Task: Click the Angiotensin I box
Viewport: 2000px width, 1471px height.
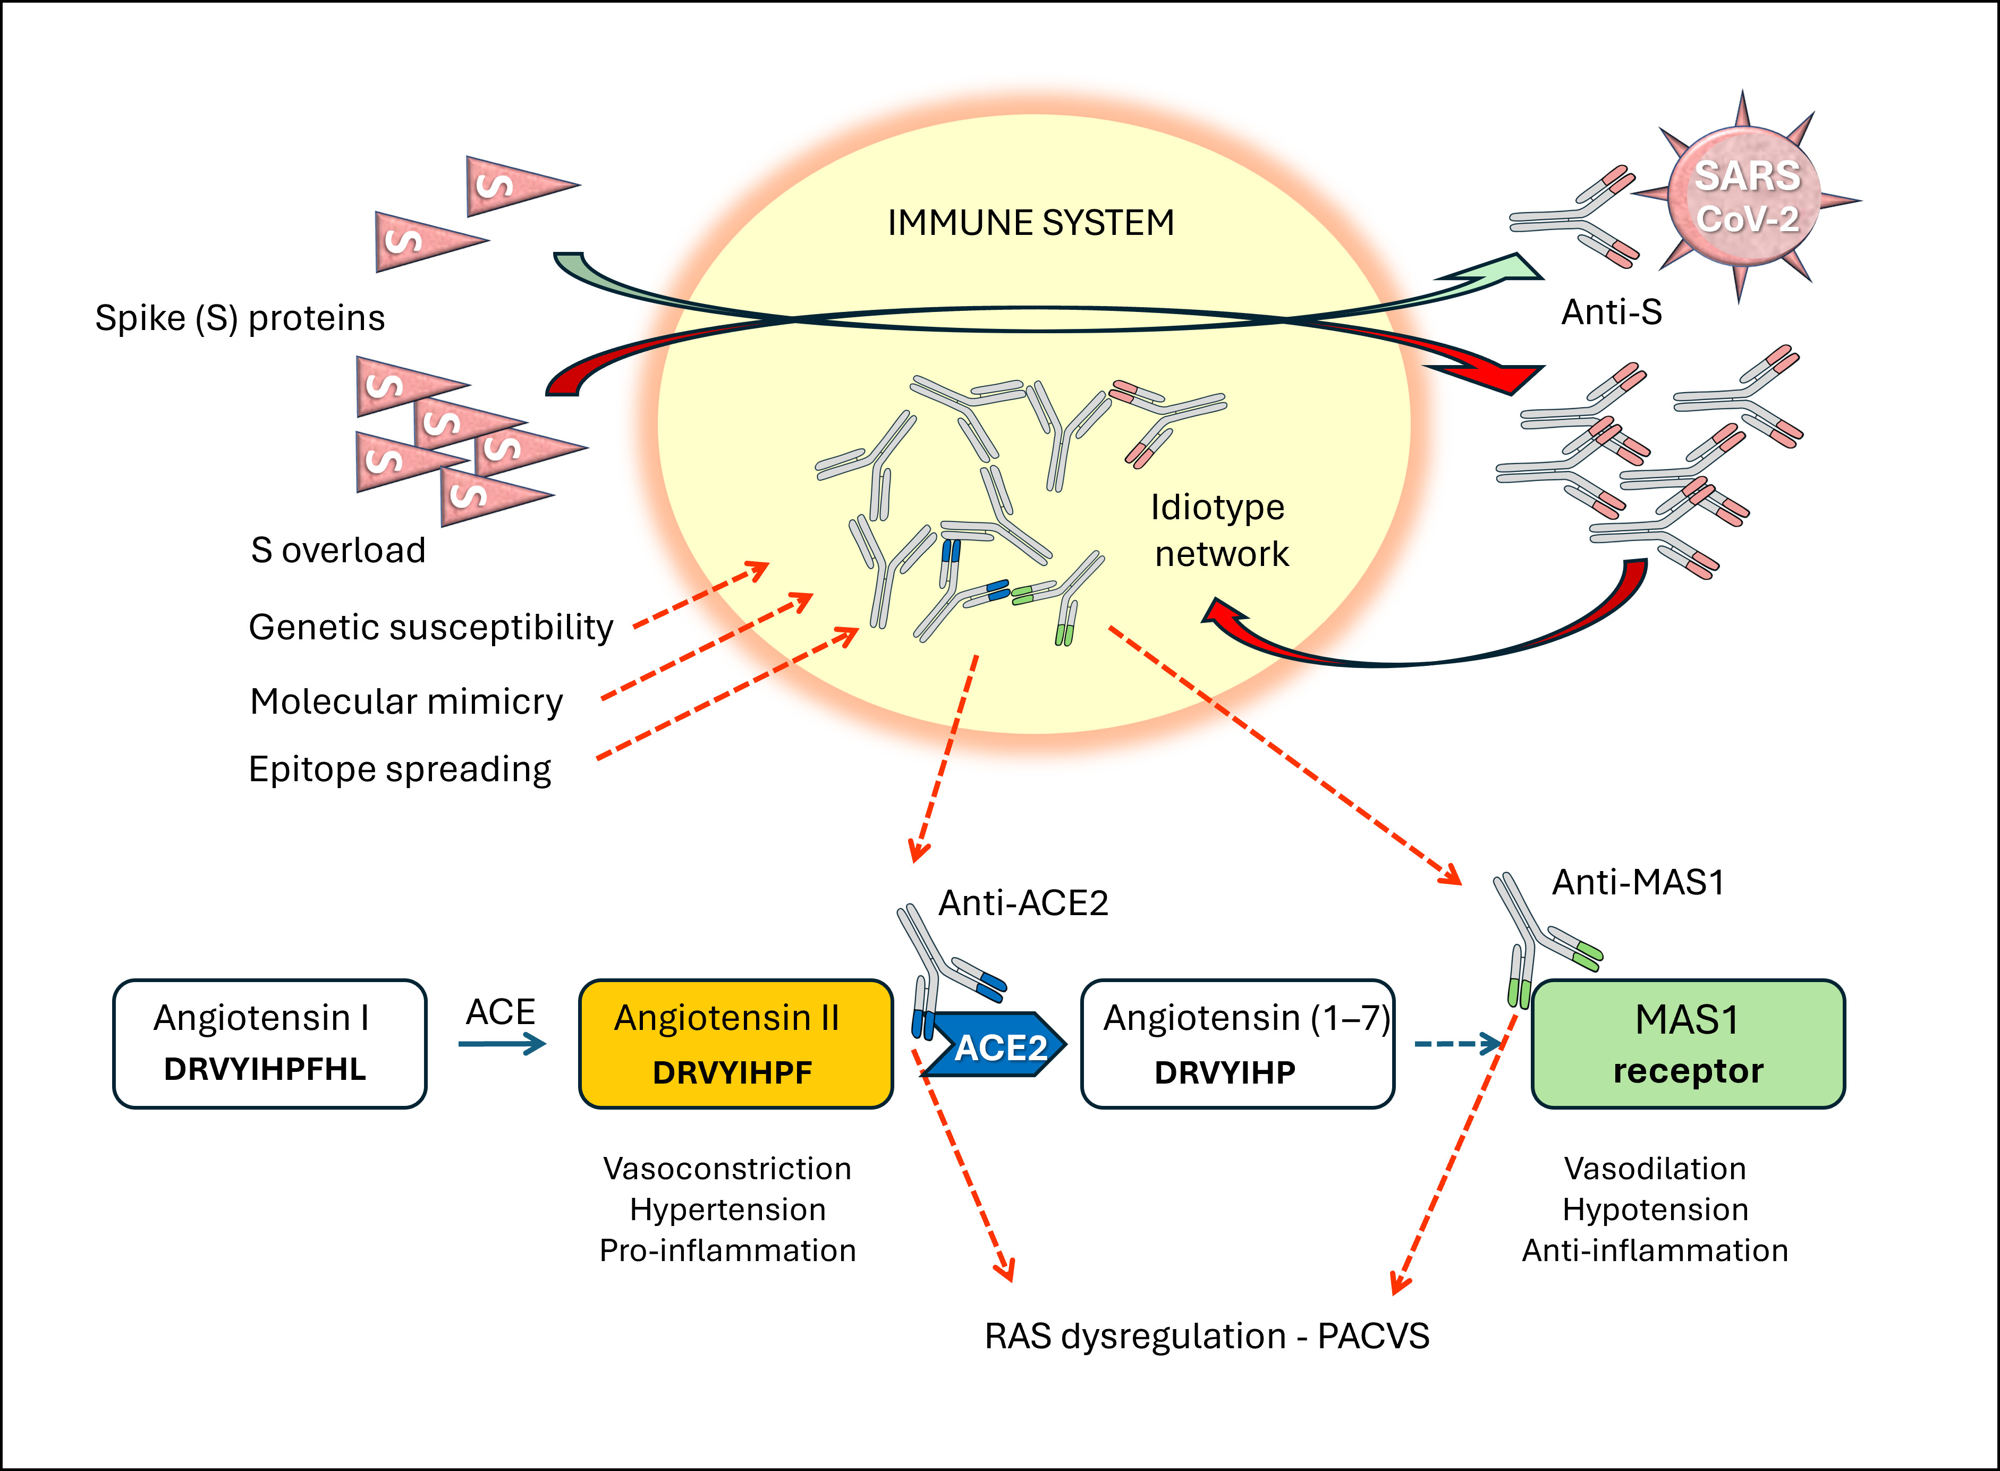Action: (x=270, y=1044)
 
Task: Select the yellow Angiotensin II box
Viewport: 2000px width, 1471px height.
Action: (x=735, y=1044)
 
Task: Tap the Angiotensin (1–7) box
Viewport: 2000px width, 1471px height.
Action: (x=1237, y=1044)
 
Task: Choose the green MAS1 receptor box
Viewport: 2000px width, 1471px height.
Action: (x=1688, y=1044)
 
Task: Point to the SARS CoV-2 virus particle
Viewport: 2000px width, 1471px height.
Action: (x=1744, y=197)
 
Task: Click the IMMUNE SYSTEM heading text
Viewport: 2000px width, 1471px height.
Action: (x=1031, y=223)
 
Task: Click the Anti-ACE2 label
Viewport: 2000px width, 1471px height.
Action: (x=1023, y=903)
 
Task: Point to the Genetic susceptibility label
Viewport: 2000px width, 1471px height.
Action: (x=431, y=628)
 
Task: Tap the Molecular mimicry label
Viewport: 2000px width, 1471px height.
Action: (x=407, y=701)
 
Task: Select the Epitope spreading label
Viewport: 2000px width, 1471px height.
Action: (x=400, y=770)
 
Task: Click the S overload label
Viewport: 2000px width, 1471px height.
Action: (x=338, y=550)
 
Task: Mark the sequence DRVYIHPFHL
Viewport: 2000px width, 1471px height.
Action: (x=265, y=1069)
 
